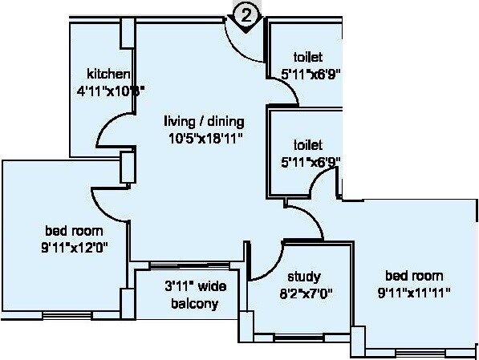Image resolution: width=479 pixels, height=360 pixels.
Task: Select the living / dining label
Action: [x=203, y=122]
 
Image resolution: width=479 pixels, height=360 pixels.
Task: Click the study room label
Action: [x=303, y=278]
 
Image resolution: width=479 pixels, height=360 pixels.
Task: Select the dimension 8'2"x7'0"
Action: [x=303, y=293]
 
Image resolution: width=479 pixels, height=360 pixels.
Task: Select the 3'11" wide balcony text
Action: [x=191, y=294]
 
